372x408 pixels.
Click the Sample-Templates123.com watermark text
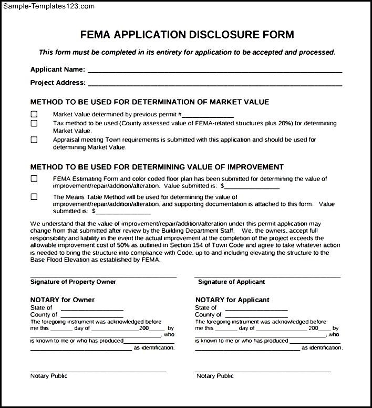(x=48, y=6)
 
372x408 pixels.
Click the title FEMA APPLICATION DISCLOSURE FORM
(x=187, y=35)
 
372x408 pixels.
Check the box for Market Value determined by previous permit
(x=34, y=114)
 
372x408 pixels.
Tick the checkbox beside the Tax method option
(x=34, y=123)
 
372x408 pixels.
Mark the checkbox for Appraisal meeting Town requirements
(x=34, y=140)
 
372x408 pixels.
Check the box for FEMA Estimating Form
(x=34, y=178)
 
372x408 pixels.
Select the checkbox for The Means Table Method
(x=34, y=197)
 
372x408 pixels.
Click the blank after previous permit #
(x=208, y=116)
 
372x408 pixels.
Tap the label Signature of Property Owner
(x=73, y=282)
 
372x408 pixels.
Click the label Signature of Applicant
(x=231, y=282)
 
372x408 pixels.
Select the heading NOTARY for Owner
(x=63, y=300)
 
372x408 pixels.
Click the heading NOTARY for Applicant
(x=232, y=300)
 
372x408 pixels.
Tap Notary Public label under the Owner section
(x=49, y=376)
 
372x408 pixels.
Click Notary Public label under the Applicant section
(x=215, y=376)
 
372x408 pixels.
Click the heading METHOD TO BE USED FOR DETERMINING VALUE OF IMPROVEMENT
(x=157, y=167)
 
